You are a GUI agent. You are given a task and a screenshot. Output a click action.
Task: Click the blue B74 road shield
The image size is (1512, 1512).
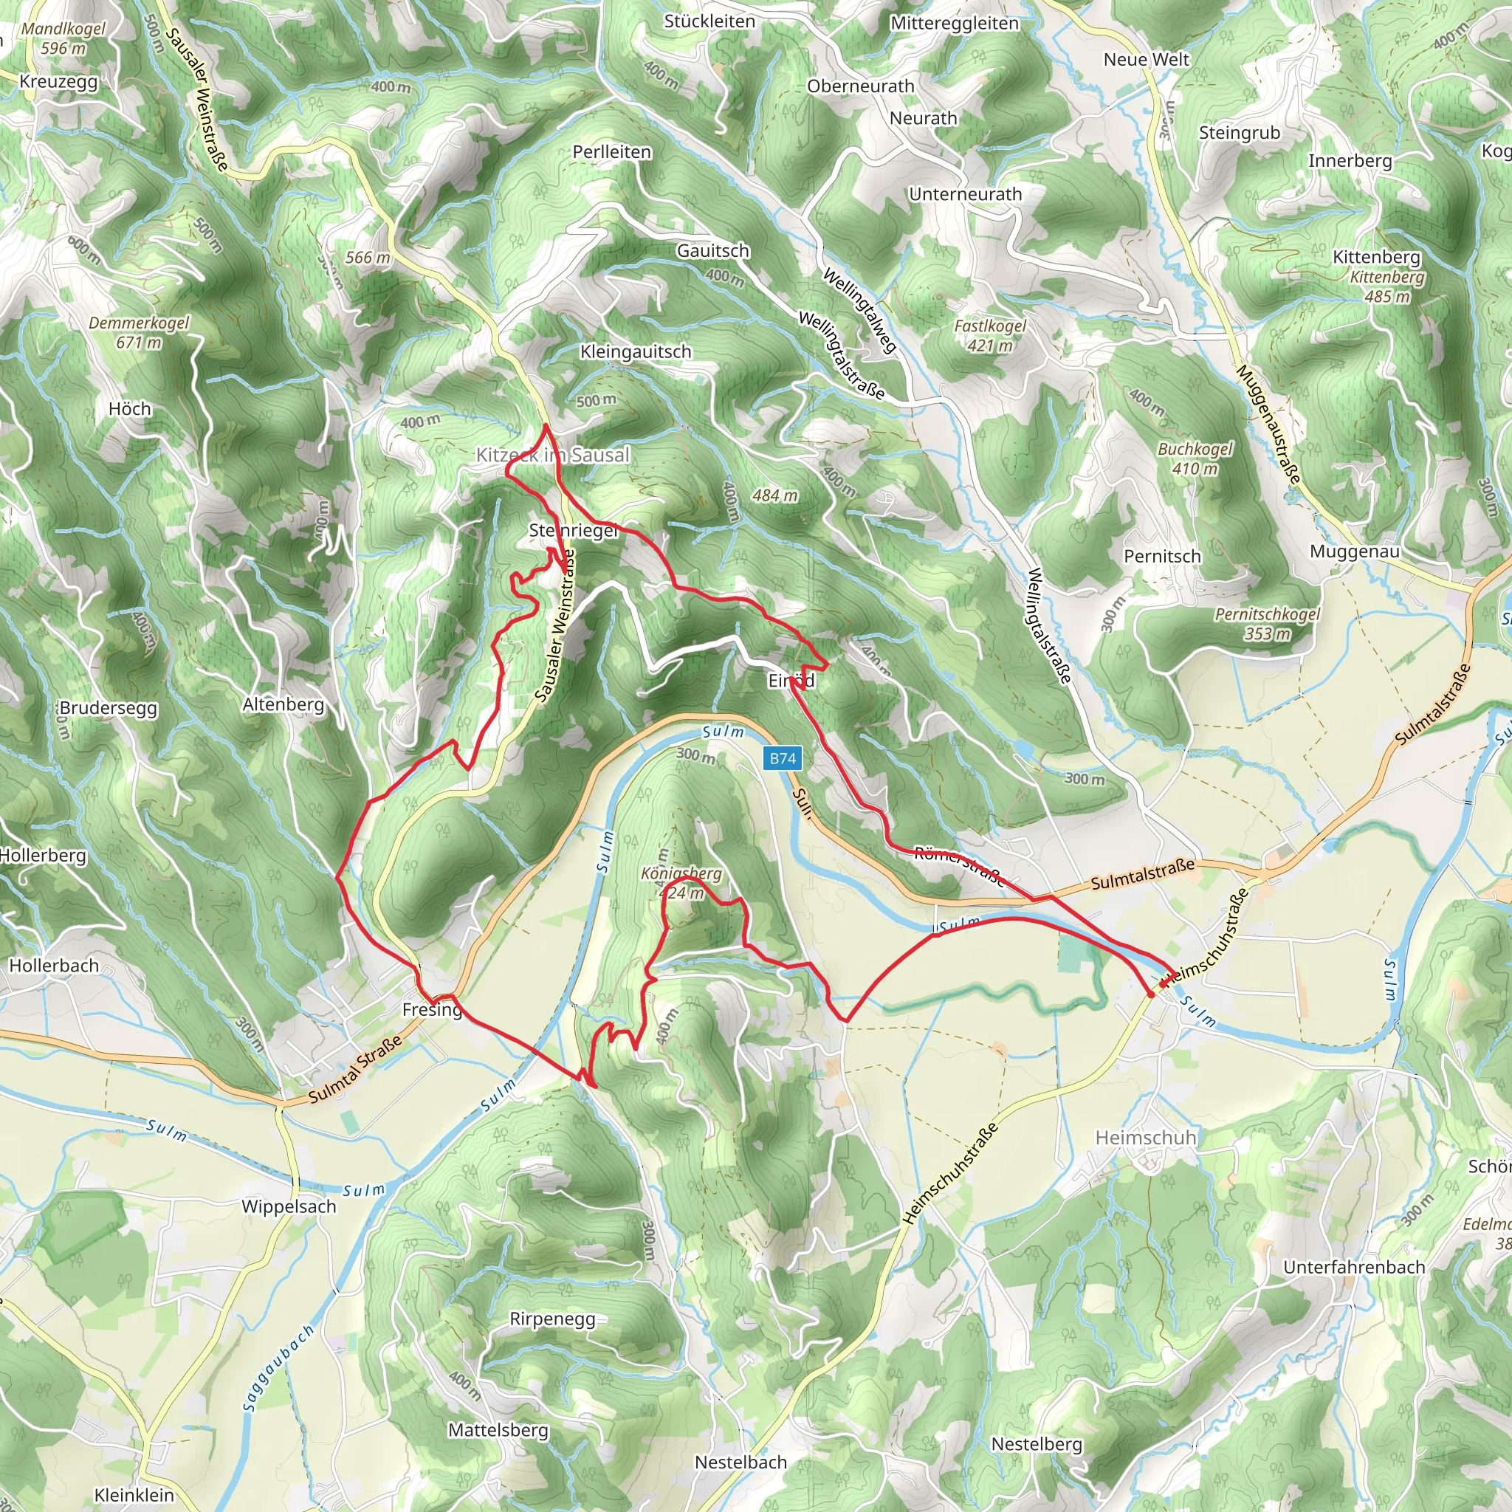click(782, 757)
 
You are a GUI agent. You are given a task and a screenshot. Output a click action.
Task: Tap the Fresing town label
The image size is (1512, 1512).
click(432, 1009)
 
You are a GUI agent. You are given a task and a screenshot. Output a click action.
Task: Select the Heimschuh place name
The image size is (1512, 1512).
click(1146, 1137)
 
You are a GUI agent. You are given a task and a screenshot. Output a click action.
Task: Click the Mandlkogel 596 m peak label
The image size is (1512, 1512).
click(63, 38)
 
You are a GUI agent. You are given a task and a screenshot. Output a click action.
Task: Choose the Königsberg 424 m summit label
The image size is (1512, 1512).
click(681, 883)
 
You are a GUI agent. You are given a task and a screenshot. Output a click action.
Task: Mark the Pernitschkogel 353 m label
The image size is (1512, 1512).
click(1267, 624)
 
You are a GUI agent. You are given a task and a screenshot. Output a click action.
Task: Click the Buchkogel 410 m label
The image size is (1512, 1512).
click(1195, 458)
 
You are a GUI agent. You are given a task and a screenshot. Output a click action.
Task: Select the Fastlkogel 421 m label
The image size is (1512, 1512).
click(990, 335)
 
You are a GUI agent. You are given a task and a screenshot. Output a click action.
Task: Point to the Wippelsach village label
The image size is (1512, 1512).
click(289, 1206)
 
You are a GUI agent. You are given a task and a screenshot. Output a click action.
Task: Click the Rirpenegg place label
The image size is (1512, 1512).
click(552, 1319)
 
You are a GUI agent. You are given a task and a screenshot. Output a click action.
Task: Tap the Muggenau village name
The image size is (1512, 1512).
click(1355, 551)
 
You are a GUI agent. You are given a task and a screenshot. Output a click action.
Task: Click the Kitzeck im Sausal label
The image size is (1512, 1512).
click(552, 455)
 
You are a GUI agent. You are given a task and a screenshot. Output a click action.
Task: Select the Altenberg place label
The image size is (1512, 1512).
click(283, 704)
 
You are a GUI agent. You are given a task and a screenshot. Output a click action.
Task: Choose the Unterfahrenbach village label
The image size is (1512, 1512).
click(1354, 1266)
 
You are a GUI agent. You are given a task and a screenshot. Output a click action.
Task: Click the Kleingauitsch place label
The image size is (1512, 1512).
click(636, 351)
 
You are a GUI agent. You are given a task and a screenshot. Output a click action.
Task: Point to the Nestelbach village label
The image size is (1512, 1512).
click(740, 1462)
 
